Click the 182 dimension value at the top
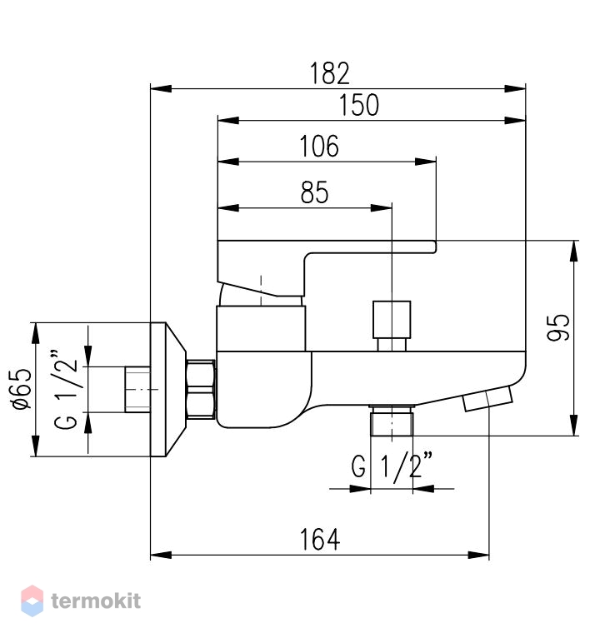coord(330,73)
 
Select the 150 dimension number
coord(359,105)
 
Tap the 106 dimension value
coord(319,146)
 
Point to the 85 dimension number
coord(315,192)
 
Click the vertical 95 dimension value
coord(558,327)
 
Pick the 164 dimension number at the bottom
coord(319,540)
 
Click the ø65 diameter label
coord(22,389)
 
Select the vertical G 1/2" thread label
coord(65,389)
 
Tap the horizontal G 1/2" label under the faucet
coord(392,466)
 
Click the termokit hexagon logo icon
coord(32,601)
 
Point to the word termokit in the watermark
coord(96,601)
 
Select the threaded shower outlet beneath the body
coord(392,421)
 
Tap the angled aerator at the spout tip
coord(487,399)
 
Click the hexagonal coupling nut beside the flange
coord(200,389)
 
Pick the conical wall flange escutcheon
coord(168,390)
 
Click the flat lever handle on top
coord(327,268)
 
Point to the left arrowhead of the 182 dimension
coord(161,88)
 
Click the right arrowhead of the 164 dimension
coord(478,555)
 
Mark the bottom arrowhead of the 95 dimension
coord(574,426)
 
